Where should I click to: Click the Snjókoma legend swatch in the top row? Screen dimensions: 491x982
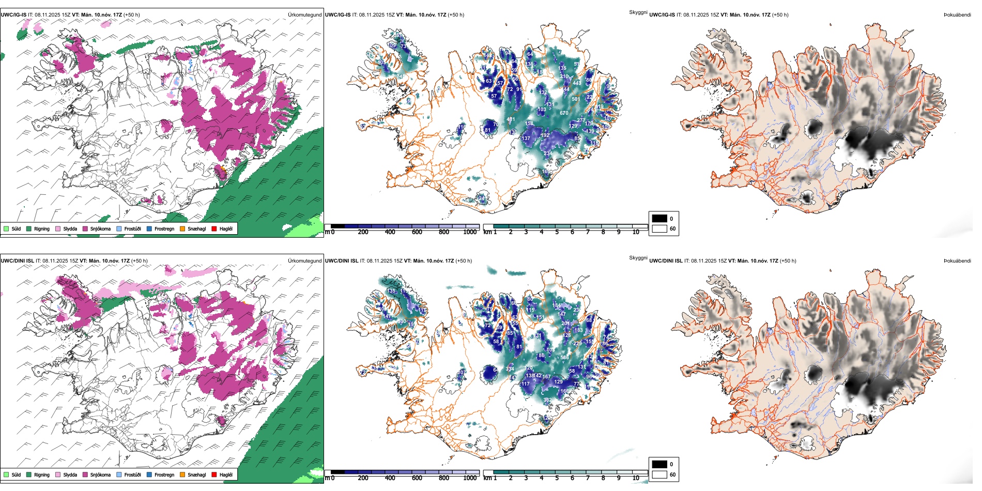pyautogui.click(x=85, y=229)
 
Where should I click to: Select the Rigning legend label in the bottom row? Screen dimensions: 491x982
pyautogui.click(x=42, y=475)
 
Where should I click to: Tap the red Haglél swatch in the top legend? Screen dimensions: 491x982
pyautogui.click(x=214, y=229)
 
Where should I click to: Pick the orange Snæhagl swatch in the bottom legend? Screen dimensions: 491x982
pyautogui.click(x=182, y=475)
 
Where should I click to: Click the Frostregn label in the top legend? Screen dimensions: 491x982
pyautogui.click(x=164, y=229)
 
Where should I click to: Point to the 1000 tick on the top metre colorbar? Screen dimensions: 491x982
pyautogui.click(x=470, y=232)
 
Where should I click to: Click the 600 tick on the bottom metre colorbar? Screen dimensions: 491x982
pyautogui.click(x=417, y=478)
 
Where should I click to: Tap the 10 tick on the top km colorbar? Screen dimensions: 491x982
pyautogui.click(x=636, y=232)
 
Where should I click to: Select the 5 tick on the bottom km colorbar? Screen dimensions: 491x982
pyautogui.click(x=557, y=478)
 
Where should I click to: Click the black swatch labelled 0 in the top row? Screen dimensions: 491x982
pyautogui.click(x=659, y=219)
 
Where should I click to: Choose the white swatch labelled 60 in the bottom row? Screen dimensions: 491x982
pyautogui.click(x=659, y=474)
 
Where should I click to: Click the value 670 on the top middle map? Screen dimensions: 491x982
pyautogui.click(x=564, y=113)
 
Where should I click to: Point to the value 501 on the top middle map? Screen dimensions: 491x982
pyautogui.click(x=576, y=99)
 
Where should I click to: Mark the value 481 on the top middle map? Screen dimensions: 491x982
pyautogui.click(x=511, y=120)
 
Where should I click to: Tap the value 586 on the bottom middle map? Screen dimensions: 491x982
pyautogui.click(x=564, y=358)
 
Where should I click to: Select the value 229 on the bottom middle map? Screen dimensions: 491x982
pyautogui.click(x=577, y=343)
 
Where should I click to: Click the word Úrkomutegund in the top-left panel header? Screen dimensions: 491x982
pyautogui.click(x=304, y=15)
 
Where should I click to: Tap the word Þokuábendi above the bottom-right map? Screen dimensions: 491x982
pyautogui.click(x=957, y=261)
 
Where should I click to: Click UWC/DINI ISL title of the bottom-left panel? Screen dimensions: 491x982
pyautogui.click(x=17, y=261)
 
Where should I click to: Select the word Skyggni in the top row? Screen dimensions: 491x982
pyautogui.click(x=638, y=12)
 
